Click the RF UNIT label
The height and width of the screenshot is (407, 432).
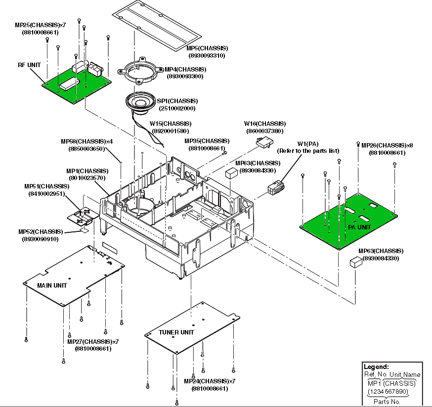coord(29,65)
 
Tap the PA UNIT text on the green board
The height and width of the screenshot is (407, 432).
coord(359,227)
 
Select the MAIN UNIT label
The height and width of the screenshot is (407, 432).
coord(52,286)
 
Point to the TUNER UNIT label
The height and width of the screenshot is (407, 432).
coord(176,332)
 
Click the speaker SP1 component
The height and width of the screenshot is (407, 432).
coord(140,103)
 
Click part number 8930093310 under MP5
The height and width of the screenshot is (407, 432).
coord(207,56)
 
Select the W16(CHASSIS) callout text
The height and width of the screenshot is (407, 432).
coord(265,124)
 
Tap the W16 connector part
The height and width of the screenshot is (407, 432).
coord(264,143)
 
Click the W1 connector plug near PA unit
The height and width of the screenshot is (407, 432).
coord(276,187)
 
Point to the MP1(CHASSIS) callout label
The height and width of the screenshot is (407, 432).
coord(87,171)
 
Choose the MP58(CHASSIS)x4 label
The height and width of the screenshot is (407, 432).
coord(87,142)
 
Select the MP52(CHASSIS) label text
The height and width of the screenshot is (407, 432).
coord(41,232)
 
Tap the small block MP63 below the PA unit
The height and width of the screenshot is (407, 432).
coord(356,262)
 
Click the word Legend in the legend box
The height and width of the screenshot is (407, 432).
coord(376,367)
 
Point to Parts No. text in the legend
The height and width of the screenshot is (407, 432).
coord(387,402)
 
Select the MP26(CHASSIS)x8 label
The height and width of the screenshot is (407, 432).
coord(387,146)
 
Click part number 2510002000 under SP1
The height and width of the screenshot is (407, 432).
coord(177,109)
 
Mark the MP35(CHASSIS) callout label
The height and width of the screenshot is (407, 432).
coord(207,141)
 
